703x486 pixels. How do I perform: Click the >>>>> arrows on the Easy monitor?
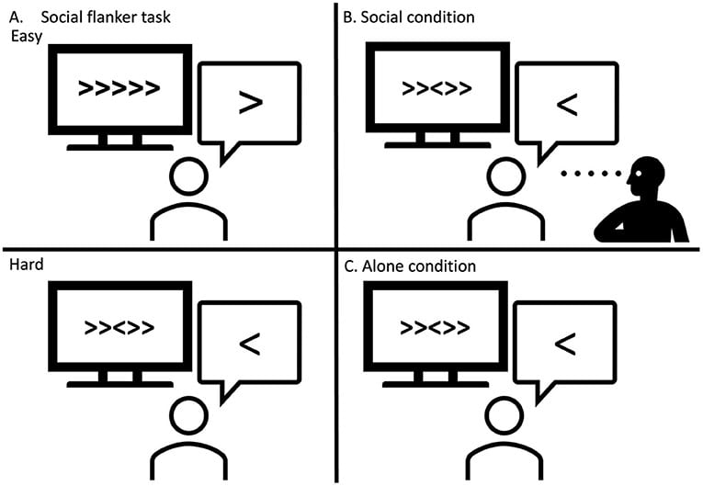click(x=119, y=89)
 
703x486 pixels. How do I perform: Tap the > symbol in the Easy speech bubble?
click(x=250, y=102)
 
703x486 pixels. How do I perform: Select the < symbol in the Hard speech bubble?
click(x=250, y=344)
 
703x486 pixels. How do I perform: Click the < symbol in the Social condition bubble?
click(x=567, y=104)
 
